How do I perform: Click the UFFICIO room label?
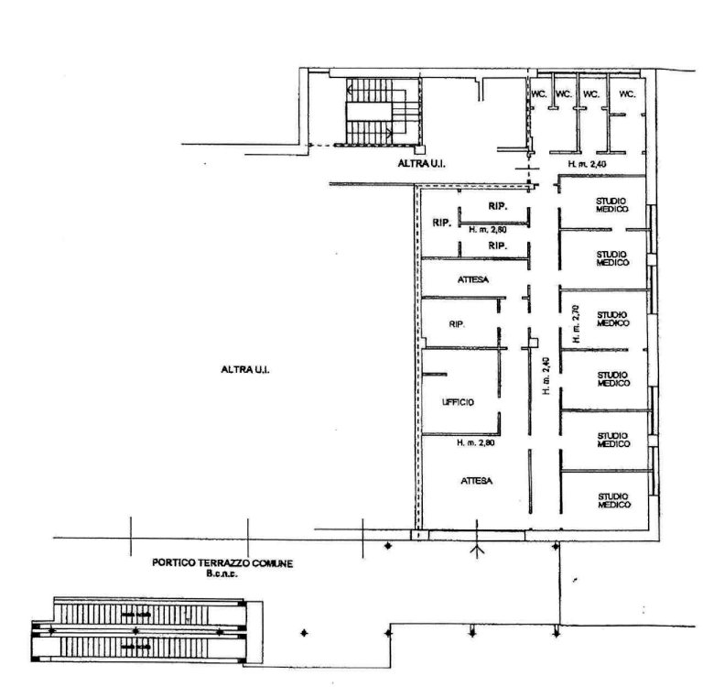pyautogui.click(x=458, y=402)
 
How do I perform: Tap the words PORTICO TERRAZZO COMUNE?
pyautogui.click(x=222, y=562)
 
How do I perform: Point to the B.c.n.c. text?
pyautogui.click(x=222, y=573)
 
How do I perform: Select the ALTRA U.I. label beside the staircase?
pyautogui.click(x=421, y=164)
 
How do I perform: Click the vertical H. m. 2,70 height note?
pyautogui.click(x=576, y=324)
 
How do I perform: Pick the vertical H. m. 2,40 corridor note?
pyautogui.click(x=546, y=376)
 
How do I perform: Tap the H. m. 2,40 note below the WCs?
pyautogui.click(x=588, y=164)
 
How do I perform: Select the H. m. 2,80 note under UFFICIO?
pyautogui.click(x=475, y=443)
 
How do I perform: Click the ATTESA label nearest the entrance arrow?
pyautogui.click(x=477, y=481)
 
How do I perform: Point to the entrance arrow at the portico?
pyautogui.click(x=477, y=539)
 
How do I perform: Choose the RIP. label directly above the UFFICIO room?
pyautogui.click(x=457, y=324)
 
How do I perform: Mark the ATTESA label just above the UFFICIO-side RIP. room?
pyautogui.click(x=473, y=279)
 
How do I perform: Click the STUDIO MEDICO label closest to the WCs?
pyautogui.click(x=611, y=205)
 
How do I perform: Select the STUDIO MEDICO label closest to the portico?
pyautogui.click(x=614, y=501)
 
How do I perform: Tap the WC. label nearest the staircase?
pyautogui.click(x=539, y=93)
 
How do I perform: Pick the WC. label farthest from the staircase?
pyautogui.click(x=627, y=93)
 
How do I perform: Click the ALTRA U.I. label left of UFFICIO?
pyautogui.click(x=245, y=370)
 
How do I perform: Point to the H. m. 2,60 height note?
pyautogui.click(x=488, y=230)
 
